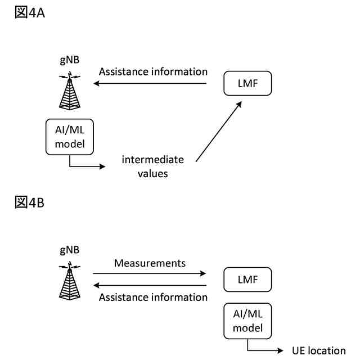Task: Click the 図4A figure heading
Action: (29, 13)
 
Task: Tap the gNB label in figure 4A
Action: (69, 61)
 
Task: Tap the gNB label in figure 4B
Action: (69, 250)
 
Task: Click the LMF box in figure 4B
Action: (247, 280)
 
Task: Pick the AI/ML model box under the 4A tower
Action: (69, 137)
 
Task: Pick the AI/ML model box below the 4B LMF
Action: (247, 321)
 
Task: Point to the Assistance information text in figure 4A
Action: (153, 72)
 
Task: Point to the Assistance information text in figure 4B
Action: (153, 297)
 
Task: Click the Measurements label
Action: (150, 263)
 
